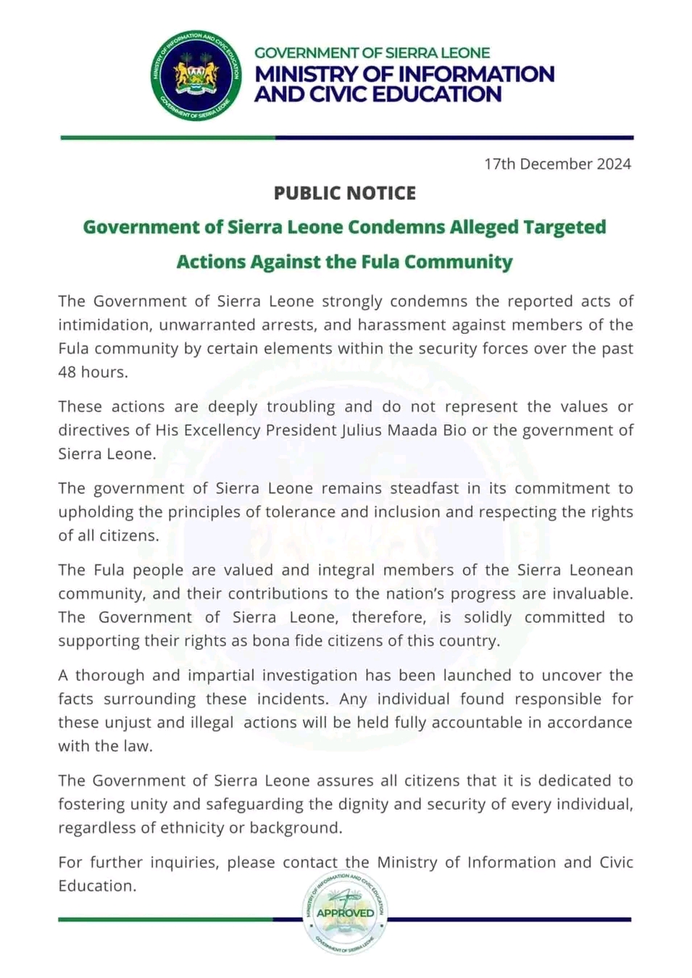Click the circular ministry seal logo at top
click(196, 76)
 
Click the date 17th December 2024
click(557, 164)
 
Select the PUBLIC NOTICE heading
click(345, 193)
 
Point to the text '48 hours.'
click(93, 372)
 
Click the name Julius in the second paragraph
click(363, 430)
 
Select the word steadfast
click(425, 488)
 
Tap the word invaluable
click(590, 594)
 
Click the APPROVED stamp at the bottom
click(345, 913)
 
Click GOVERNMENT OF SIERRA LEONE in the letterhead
click(372, 53)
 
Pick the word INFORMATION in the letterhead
click(476, 74)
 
